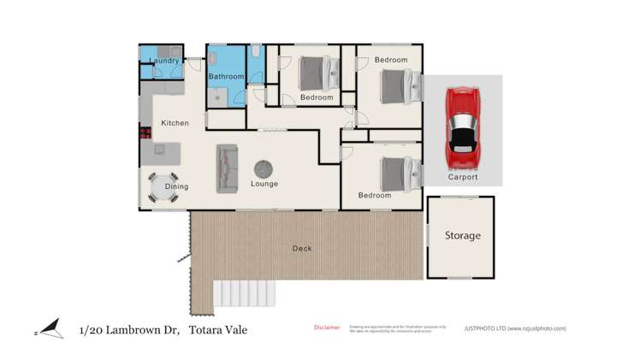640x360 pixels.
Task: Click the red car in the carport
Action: [463, 128]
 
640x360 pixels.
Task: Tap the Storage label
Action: [462, 235]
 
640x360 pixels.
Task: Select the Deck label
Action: [302, 249]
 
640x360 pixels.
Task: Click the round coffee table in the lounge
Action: [264, 168]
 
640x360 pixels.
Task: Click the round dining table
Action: [162, 187]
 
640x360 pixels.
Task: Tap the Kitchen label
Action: [175, 123]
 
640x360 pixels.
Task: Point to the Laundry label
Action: [163, 61]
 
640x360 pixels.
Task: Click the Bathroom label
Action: [227, 77]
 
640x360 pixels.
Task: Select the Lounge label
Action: [264, 184]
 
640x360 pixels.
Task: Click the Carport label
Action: [463, 177]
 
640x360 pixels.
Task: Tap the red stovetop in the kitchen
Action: [145, 133]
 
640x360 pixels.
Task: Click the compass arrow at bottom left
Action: [50, 329]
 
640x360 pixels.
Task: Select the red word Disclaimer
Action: [327, 328]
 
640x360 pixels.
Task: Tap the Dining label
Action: [176, 186]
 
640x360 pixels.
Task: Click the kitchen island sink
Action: [159, 150]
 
